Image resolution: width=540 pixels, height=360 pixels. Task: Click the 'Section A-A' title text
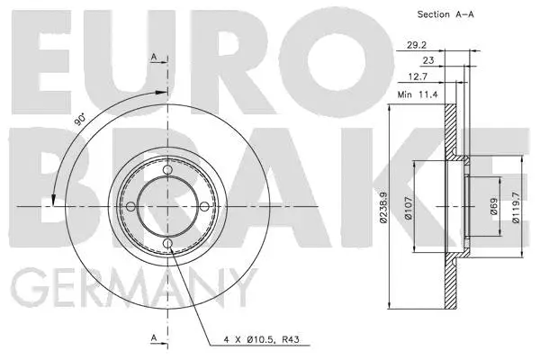tap(447, 14)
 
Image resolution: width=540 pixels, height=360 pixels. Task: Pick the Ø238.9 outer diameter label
tap(381, 207)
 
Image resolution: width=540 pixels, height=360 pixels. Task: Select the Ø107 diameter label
tap(406, 207)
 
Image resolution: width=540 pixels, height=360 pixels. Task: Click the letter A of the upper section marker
tap(154, 58)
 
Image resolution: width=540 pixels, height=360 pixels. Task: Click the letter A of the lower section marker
tap(154, 337)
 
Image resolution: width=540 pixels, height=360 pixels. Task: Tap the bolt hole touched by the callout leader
tap(168, 245)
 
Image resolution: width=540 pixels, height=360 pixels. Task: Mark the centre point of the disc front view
tap(168, 207)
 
